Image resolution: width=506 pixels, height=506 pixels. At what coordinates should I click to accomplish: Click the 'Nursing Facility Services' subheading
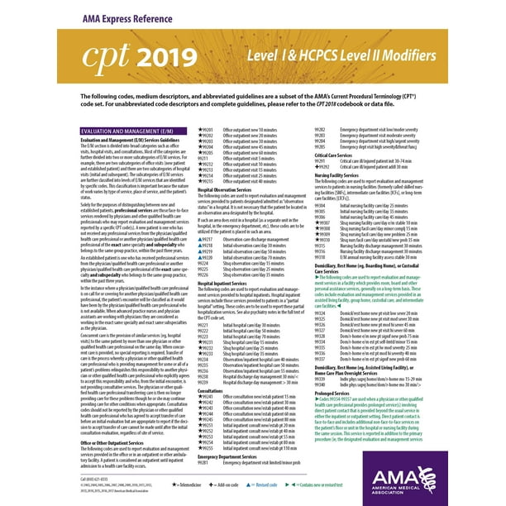pyautogui.click(x=340, y=175)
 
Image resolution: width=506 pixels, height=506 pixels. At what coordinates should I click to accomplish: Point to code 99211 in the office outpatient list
pyautogui.click(x=204, y=159)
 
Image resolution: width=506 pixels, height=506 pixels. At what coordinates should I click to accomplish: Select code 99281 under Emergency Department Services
pyautogui.click(x=204, y=462)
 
